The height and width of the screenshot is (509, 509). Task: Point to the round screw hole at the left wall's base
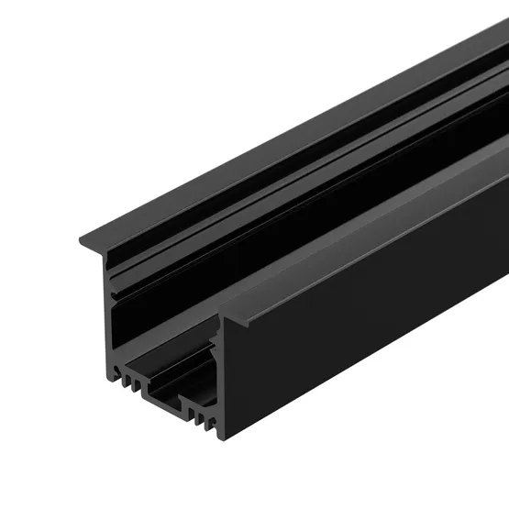tap(116, 371)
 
